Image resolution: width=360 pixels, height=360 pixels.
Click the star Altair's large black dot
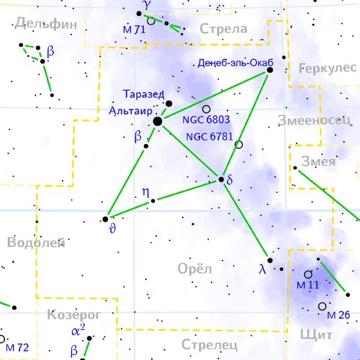coord(158,122)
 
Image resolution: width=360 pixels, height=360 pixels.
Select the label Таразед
coord(144,94)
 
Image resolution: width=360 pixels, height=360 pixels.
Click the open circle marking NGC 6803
coord(207,109)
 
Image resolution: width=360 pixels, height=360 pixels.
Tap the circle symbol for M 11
coord(308,274)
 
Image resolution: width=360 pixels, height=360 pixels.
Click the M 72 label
coord(19,348)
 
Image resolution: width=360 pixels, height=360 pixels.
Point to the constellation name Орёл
coord(194,269)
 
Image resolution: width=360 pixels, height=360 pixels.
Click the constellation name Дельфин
coord(45,23)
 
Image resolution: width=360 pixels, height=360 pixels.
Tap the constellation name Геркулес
coord(327,68)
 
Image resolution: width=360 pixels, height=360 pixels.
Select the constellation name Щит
coord(320,336)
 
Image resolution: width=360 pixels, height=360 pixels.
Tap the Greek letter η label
coord(145,192)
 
